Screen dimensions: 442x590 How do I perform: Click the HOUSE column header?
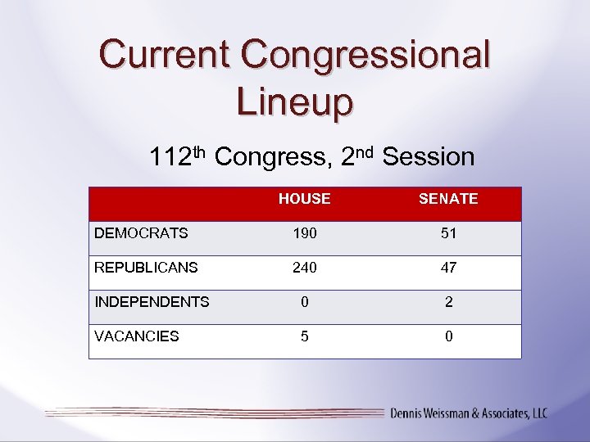[304, 199]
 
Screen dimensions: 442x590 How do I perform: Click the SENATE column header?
[448, 199]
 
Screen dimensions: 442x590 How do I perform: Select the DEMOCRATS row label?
[141, 233]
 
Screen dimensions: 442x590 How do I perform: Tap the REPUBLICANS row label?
[146, 268]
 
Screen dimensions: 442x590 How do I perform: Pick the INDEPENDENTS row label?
[152, 302]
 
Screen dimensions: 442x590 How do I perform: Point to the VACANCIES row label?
[137, 336]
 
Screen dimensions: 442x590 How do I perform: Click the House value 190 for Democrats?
[305, 233]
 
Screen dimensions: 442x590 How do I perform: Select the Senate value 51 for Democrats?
[448, 233]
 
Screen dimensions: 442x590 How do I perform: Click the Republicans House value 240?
[305, 268]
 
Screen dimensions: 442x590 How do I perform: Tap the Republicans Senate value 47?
[448, 268]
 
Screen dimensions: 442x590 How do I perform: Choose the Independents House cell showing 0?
[305, 302]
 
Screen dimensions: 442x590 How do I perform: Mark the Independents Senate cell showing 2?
[448, 302]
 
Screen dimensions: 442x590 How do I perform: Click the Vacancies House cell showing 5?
[305, 336]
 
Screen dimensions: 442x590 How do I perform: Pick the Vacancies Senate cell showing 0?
[448, 336]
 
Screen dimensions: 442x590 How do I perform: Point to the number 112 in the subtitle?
[170, 157]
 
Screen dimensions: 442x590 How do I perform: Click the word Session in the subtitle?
[429, 157]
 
